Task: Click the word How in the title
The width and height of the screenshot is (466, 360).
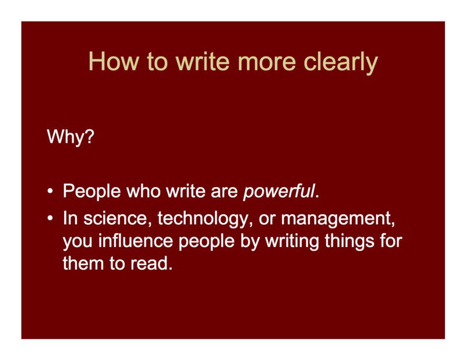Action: (x=114, y=62)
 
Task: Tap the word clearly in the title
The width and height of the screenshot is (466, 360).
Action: (x=341, y=63)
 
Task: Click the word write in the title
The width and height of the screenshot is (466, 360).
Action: (x=202, y=62)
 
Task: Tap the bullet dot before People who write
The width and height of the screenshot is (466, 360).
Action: (x=51, y=190)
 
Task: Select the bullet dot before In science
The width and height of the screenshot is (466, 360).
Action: (x=51, y=218)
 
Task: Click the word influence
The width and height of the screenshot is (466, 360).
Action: (x=136, y=241)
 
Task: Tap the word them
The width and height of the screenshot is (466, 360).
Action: (x=83, y=263)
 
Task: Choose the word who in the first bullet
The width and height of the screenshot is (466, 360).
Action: (x=143, y=190)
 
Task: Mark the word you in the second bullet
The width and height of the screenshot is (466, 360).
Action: (x=77, y=242)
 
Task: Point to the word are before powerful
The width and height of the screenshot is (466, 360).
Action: (x=224, y=192)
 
